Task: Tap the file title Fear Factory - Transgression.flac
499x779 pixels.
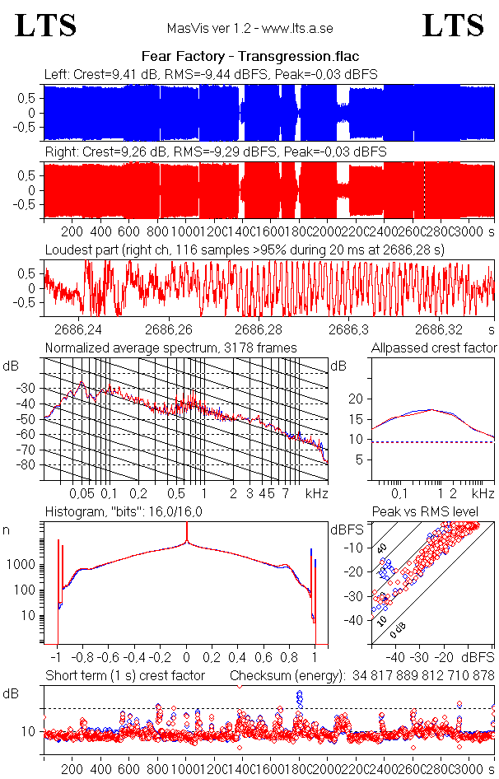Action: pyautogui.click(x=250, y=57)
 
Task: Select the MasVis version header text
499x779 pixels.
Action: pyautogui.click(x=250, y=28)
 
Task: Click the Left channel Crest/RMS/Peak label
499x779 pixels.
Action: pyautogui.click(x=211, y=74)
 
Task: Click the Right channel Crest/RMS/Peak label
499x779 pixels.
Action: pyautogui.click(x=215, y=152)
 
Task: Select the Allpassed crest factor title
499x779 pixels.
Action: pyautogui.click(x=434, y=348)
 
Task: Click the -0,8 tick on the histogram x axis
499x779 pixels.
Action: pyautogui.click(x=83, y=658)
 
